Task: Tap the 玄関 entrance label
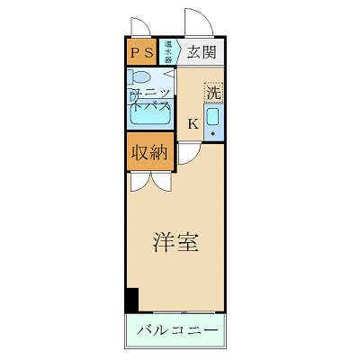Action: [202, 51]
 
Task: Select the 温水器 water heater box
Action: [167, 50]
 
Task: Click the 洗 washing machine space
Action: [212, 91]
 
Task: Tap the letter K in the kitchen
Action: [193, 124]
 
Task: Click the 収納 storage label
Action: [149, 151]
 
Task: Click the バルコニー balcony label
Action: [177, 330]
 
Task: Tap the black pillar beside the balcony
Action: [131, 300]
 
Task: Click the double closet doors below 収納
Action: [149, 181]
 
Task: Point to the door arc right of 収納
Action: [187, 153]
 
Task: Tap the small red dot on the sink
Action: [212, 133]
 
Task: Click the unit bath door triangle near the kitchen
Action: [170, 73]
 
